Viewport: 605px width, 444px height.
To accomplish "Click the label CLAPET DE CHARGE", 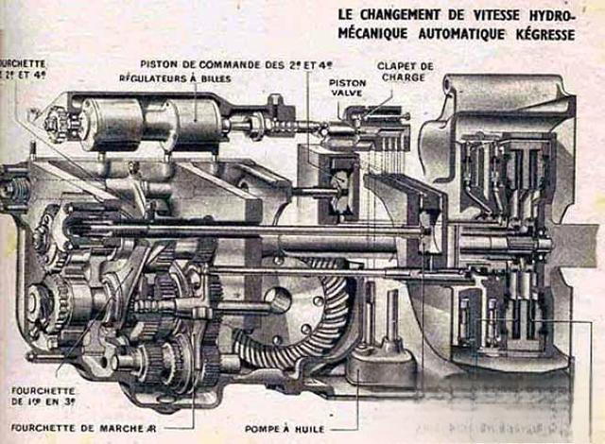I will [408, 72].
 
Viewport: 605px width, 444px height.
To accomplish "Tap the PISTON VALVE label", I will [348, 89].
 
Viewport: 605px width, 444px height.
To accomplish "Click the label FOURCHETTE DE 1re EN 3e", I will [43, 395].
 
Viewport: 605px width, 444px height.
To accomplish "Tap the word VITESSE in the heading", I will [497, 15].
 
